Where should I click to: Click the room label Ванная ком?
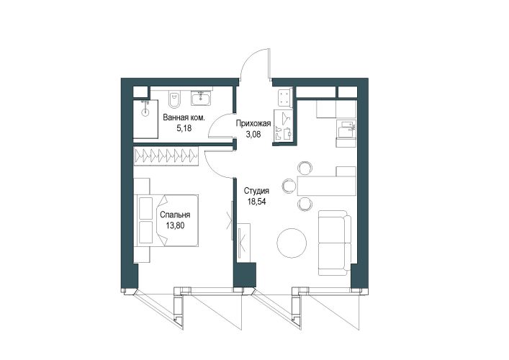[184, 117]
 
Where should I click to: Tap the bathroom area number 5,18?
[184, 128]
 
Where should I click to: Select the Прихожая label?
[253, 123]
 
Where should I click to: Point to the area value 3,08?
[253, 134]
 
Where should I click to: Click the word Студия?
[257, 191]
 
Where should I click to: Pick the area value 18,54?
[257, 202]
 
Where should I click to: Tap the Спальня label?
[175, 215]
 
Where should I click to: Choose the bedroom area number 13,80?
[175, 225]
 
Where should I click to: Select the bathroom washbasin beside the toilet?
[202, 98]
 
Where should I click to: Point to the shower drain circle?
[145, 112]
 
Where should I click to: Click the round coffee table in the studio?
[292, 243]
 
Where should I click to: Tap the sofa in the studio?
[335, 243]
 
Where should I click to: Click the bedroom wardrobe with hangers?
[166, 156]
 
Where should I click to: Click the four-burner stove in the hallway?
[284, 97]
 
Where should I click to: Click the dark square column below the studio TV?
[245, 274]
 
